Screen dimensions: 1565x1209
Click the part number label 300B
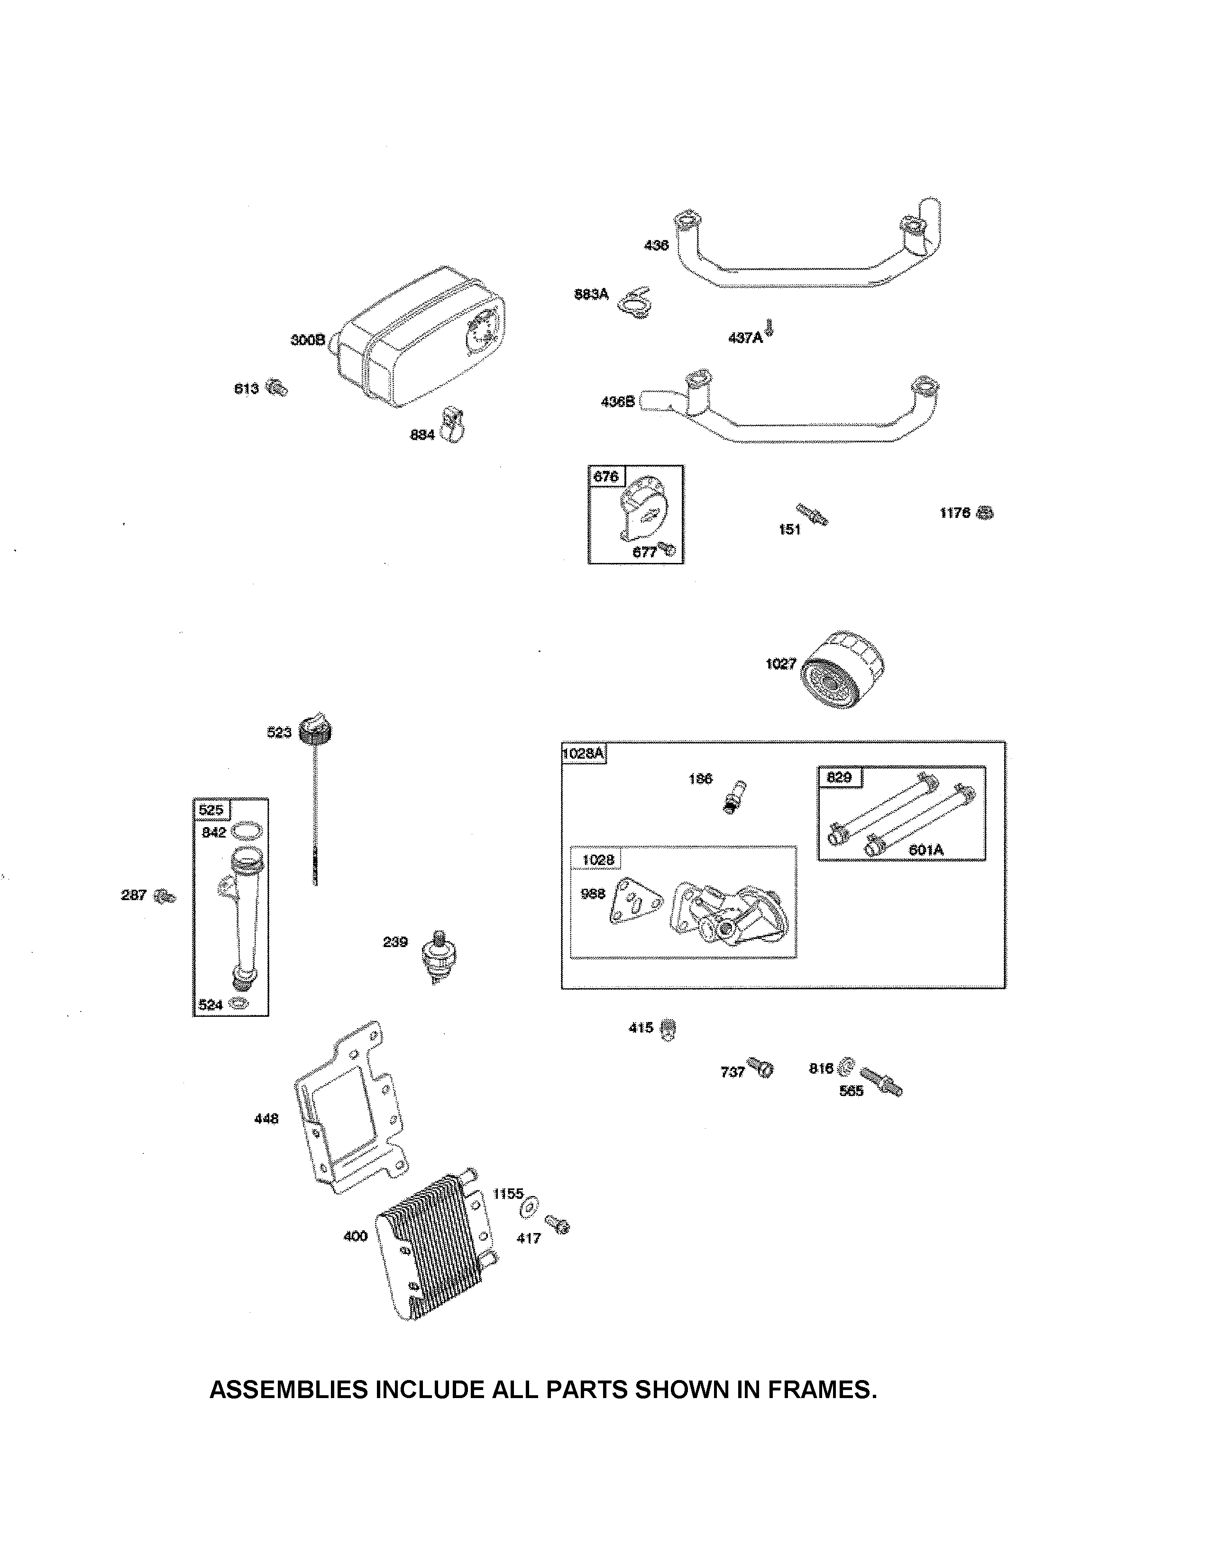tap(308, 340)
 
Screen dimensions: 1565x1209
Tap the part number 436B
tap(617, 402)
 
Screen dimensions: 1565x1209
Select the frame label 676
tap(606, 477)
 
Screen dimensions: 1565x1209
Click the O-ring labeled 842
tap(246, 830)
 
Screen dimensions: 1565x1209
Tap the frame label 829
tap(839, 777)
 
